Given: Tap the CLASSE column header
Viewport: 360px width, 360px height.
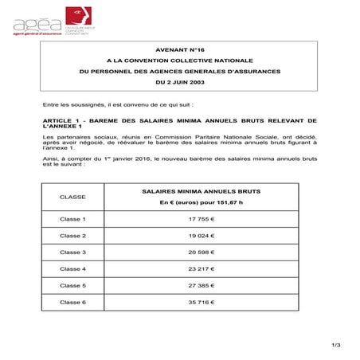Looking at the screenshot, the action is click(73, 197).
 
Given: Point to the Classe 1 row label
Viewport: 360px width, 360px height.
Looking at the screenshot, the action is click(73, 218).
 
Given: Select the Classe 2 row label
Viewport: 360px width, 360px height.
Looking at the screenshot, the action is click(73, 236).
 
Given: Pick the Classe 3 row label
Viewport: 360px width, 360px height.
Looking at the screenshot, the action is click(73, 252).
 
